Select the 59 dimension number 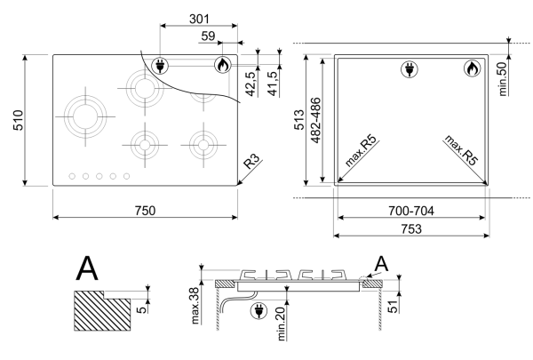(208, 36)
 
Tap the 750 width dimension (145, 210)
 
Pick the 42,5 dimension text (251, 84)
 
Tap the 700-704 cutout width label (412, 210)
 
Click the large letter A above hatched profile (87, 268)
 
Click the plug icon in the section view (260, 310)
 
